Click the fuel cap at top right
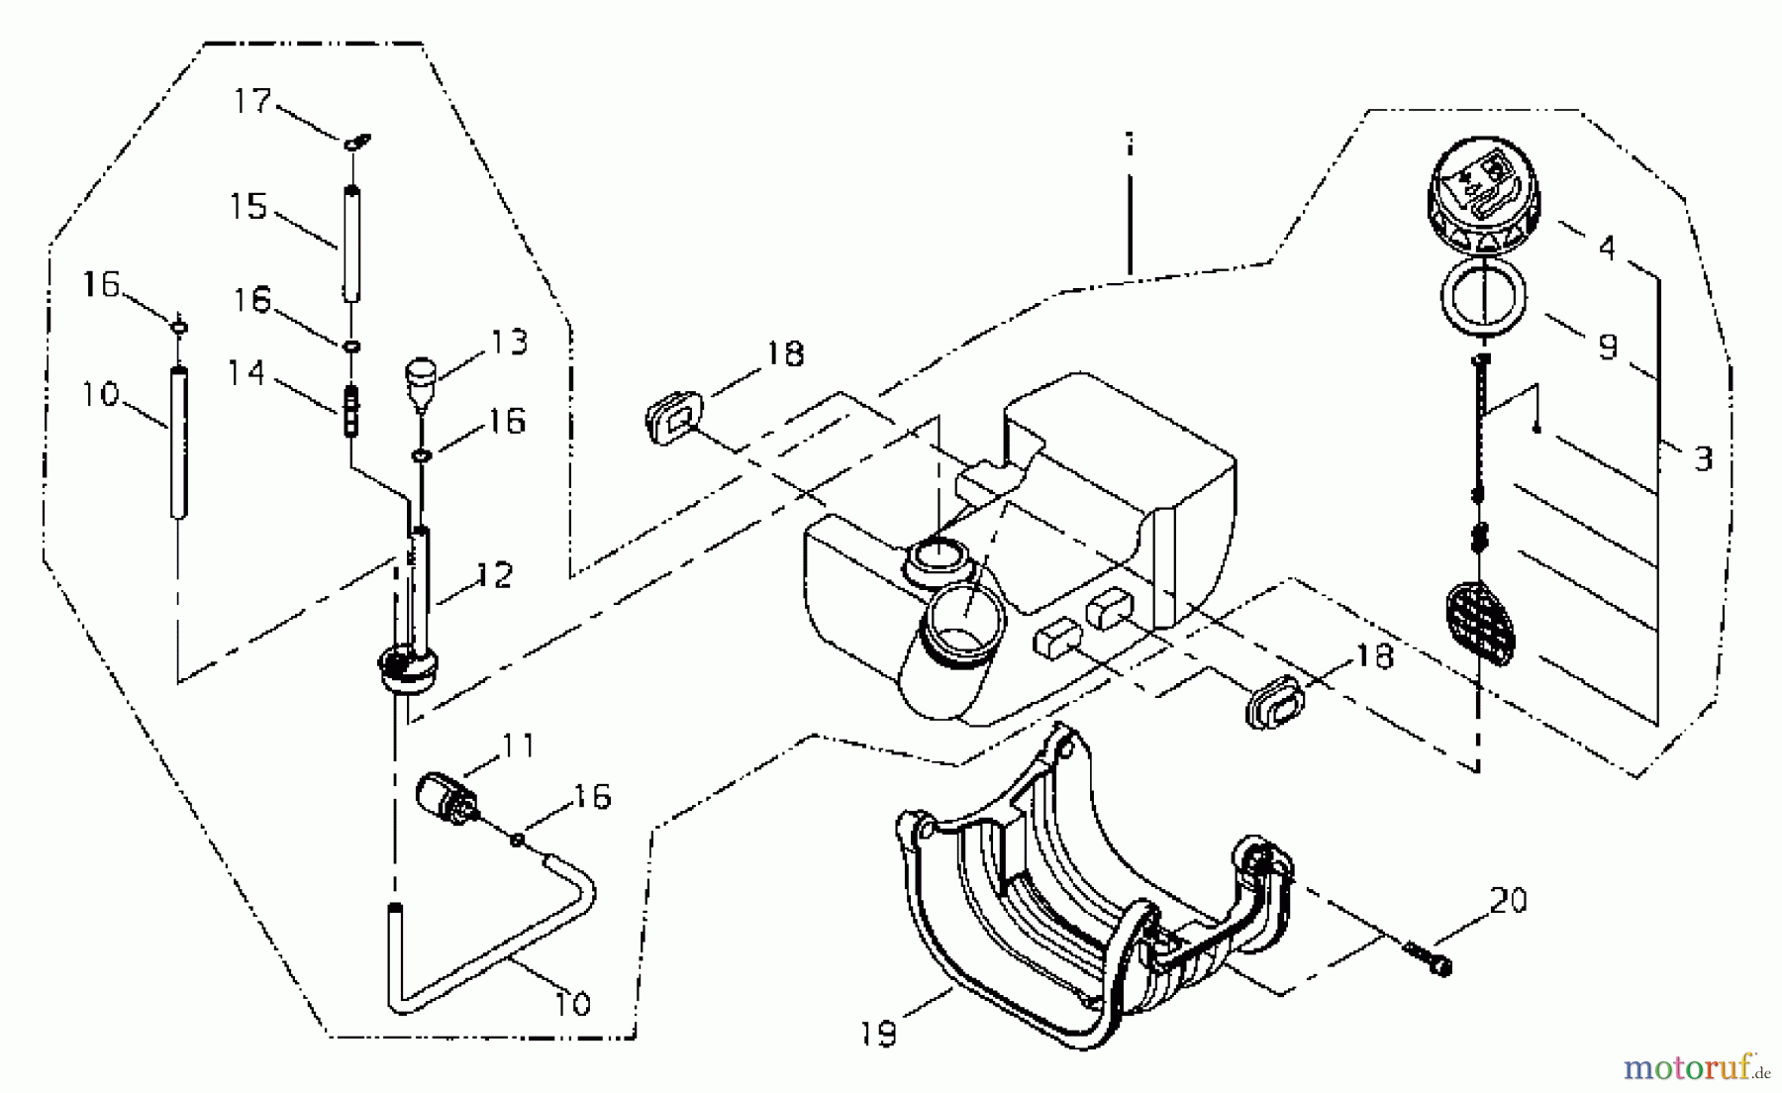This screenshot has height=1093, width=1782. (x=1482, y=196)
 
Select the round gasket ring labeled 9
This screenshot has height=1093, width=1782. (x=1482, y=296)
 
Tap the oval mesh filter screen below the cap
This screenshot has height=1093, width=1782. (x=1481, y=624)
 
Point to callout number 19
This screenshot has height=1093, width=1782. (x=879, y=1034)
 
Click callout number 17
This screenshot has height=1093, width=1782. (x=252, y=101)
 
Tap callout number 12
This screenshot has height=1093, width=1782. (x=495, y=575)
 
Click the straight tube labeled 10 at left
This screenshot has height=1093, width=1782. (x=179, y=441)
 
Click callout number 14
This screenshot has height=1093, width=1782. (x=247, y=373)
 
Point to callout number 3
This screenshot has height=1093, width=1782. (x=1703, y=458)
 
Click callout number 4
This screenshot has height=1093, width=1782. (x=1607, y=247)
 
